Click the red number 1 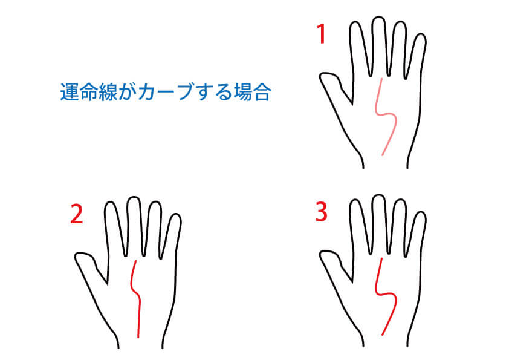pos(321,34)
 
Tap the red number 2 pos(77,214)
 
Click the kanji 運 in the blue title pos(70,92)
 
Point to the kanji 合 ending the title pos(261,92)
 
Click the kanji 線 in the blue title pos(108,92)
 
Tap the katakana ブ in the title pos(183,92)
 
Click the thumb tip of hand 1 pos(322,76)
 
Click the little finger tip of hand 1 pos(421,34)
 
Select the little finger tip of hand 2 pos(177,215)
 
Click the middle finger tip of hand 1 pos(378,18)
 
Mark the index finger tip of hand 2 pos(111,203)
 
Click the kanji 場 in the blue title pos(242,92)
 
